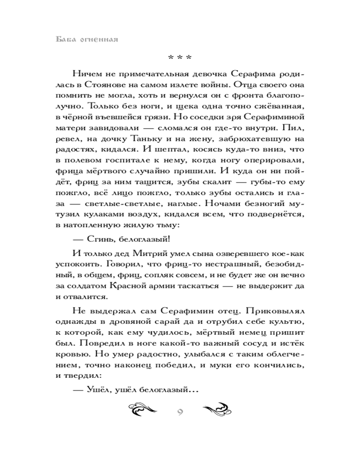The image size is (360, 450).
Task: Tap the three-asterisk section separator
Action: coord(180,58)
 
